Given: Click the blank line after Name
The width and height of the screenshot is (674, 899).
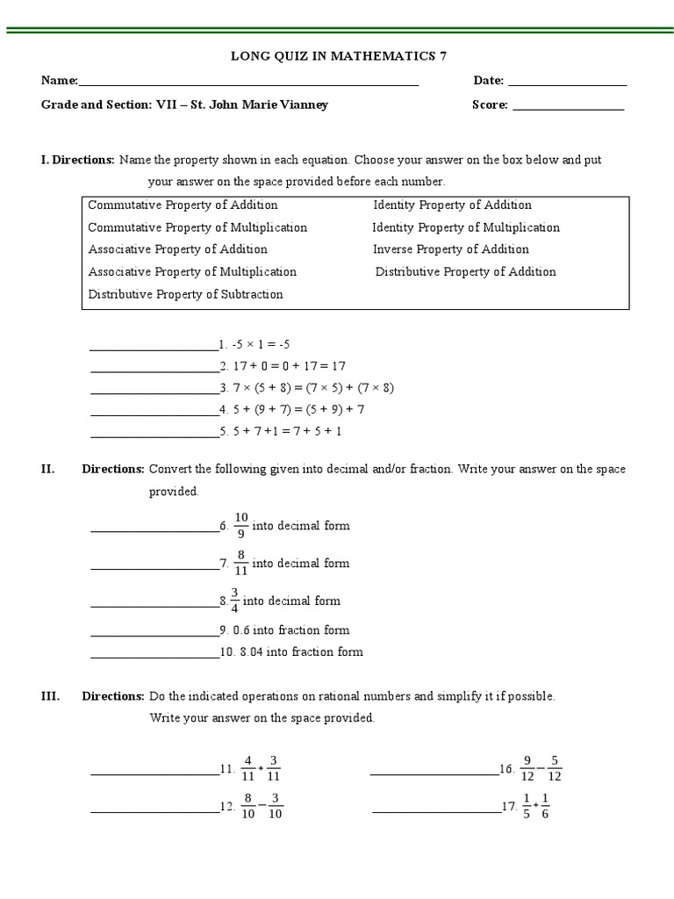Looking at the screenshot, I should [248, 84].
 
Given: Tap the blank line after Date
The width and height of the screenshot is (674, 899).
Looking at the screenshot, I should [567, 84].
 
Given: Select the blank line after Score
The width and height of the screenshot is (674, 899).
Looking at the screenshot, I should [568, 109].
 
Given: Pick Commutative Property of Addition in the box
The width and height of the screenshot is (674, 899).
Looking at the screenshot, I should [183, 205].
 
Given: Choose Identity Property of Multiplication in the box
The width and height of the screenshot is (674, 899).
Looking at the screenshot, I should [466, 227].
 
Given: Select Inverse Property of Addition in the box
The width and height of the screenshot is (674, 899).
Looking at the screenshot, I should [451, 249].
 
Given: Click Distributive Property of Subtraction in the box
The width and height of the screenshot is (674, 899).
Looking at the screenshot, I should [185, 294].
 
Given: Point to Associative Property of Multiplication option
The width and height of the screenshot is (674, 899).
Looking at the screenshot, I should [192, 271].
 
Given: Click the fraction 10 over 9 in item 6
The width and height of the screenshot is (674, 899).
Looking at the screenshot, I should [241, 525].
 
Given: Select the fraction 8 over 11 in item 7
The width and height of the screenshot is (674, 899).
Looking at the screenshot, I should [241, 563].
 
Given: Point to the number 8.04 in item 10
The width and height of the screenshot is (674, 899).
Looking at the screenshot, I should [251, 651].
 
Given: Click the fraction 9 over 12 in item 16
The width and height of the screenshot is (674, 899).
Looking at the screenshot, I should [527, 768].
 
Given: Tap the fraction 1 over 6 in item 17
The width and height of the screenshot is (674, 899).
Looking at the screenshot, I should [544, 806].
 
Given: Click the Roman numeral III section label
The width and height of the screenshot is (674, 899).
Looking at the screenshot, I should [50, 696].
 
